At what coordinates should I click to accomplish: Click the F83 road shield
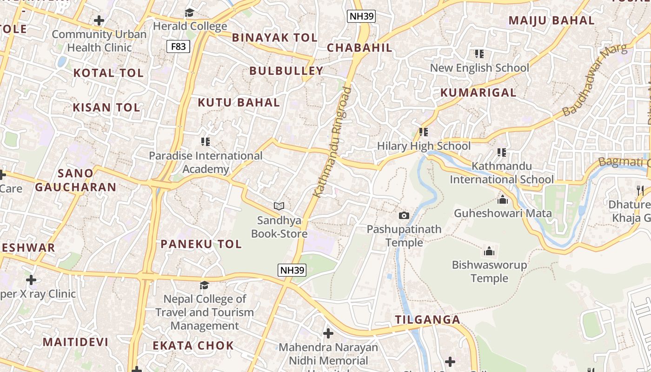pos(179,46)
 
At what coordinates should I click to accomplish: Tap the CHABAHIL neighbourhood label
pos(359,47)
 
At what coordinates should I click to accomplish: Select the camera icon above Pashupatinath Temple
pos(404,215)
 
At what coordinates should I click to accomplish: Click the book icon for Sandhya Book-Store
pos(279,206)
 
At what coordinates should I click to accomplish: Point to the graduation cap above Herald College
pos(189,13)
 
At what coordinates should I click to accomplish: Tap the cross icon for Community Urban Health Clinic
pos(99,20)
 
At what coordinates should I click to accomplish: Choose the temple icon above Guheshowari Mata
pos(503,199)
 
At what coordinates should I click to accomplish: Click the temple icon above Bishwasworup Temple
pos(489,251)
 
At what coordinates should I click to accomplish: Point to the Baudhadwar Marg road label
pos(594,80)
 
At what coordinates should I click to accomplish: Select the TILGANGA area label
pos(427,319)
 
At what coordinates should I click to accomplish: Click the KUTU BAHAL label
pos(239,102)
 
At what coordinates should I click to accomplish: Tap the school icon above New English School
pos(479,54)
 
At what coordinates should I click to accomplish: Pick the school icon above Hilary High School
pos(423,132)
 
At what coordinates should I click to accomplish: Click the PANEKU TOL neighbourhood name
pos(201,244)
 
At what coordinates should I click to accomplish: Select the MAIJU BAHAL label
pos(551,20)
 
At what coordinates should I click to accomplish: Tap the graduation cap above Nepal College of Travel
pos(204,285)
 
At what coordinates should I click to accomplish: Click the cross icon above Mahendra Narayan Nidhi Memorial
pos(328,333)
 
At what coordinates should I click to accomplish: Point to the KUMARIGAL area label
pos(478,93)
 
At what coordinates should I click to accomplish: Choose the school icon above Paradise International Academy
pos(205,141)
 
